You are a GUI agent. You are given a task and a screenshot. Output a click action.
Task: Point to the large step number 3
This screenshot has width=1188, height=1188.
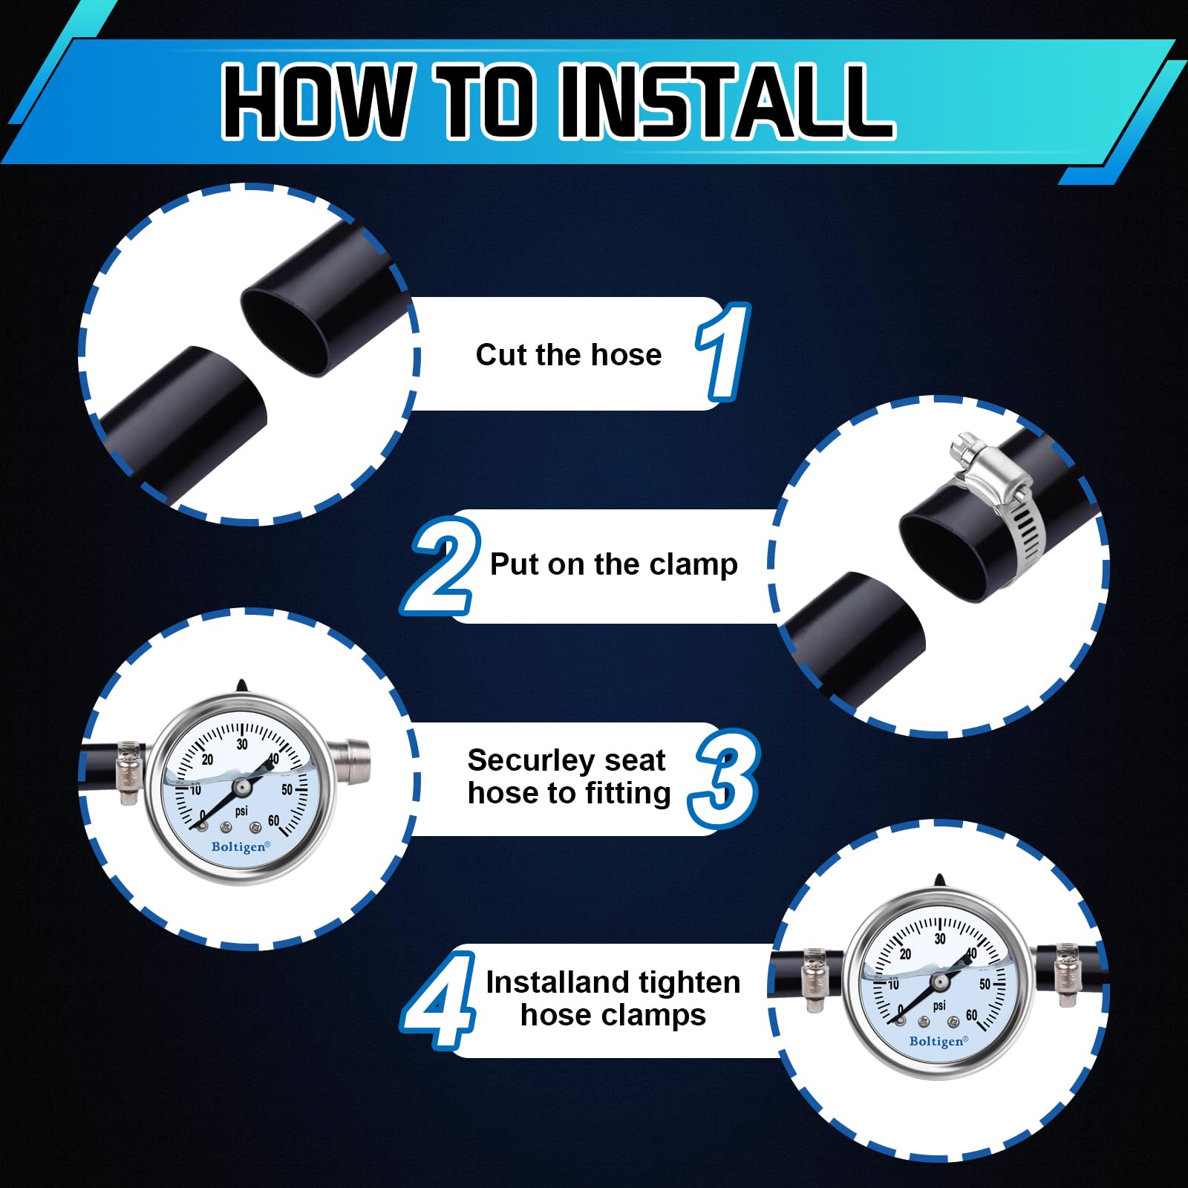coord(723,779)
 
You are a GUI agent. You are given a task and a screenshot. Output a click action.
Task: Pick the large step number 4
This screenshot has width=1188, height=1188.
coord(439,999)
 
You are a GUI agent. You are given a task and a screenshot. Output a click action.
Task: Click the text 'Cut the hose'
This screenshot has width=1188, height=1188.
coord(568,355)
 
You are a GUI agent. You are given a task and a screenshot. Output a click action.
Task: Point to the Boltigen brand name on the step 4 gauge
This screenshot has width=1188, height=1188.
coord(939,1041)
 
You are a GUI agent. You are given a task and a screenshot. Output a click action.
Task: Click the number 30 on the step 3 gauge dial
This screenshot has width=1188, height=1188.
coord(242,744)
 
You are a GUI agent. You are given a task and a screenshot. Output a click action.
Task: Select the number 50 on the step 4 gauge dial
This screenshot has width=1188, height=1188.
coord(985,985)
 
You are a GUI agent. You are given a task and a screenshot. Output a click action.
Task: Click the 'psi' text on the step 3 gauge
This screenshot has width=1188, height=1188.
coord(241,811)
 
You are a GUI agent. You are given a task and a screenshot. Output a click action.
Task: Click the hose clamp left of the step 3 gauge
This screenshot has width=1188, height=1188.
coord(129,773)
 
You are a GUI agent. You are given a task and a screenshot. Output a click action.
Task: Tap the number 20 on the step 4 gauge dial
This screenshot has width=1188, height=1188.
coord(905,954)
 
